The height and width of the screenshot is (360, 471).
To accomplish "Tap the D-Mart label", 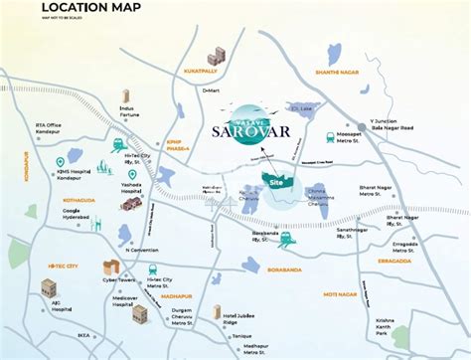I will click(x=212, y=90).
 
